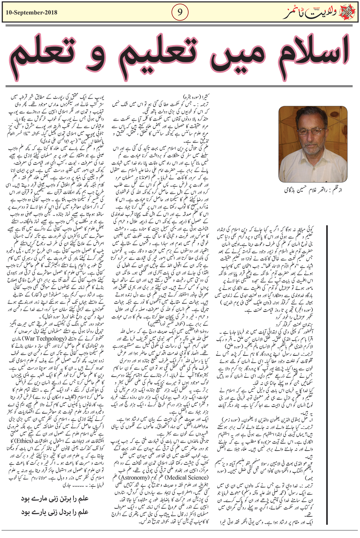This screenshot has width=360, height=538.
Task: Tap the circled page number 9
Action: tap(180, 13)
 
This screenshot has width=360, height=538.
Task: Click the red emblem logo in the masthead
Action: tap(347, 13)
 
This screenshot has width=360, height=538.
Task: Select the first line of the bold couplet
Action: tap(54, 498)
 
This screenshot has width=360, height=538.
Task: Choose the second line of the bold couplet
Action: tap(54, 512)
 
